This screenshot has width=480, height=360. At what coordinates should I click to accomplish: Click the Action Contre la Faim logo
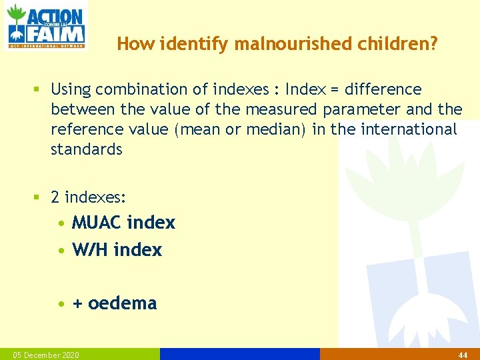(45, 26)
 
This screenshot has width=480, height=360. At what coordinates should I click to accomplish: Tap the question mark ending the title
(434, 44)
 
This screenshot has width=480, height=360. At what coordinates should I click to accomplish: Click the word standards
(87, 149)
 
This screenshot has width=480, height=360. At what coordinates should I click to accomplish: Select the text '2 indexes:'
(89, 198)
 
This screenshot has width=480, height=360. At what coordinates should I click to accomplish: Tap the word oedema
(123, 303)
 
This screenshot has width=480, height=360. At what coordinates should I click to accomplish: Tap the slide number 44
(462, 355)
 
